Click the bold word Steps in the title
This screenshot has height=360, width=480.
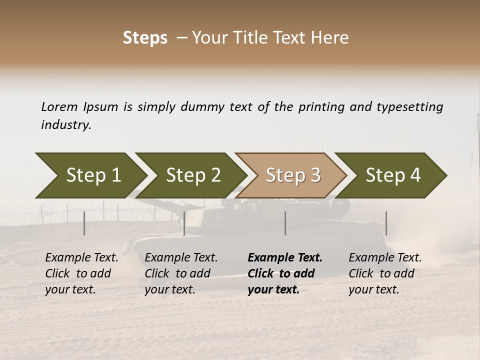click(x=145, y=37)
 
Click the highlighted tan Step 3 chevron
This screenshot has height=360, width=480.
click(x=293, y=175)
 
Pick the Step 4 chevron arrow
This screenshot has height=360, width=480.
click(x=393, y=175)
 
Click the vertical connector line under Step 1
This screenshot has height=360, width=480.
click(x=84, y=223)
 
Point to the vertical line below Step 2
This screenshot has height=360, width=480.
click(x=184, y=223)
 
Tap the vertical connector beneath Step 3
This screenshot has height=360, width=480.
click(x=285, y=223)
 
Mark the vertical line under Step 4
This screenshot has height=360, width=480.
click(x=386, y=223)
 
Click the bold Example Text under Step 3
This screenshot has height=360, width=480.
click(x=285, y=273)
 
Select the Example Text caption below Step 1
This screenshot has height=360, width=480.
click(x=81, y=273)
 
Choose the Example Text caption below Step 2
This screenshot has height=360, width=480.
click(x=181, y=273)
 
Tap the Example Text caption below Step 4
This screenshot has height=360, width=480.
click(x=385, y=273)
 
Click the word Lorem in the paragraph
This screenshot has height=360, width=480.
click(x=59, y=107)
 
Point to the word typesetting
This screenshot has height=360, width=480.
click(x=409, y=107)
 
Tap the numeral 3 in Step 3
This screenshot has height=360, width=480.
click(x=315, y=175)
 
